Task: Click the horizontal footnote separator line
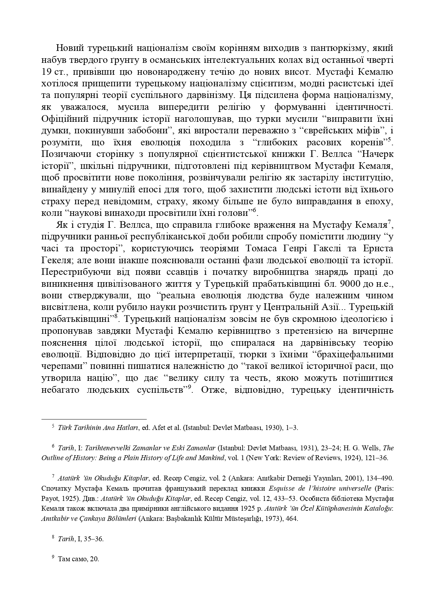[94, 419]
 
